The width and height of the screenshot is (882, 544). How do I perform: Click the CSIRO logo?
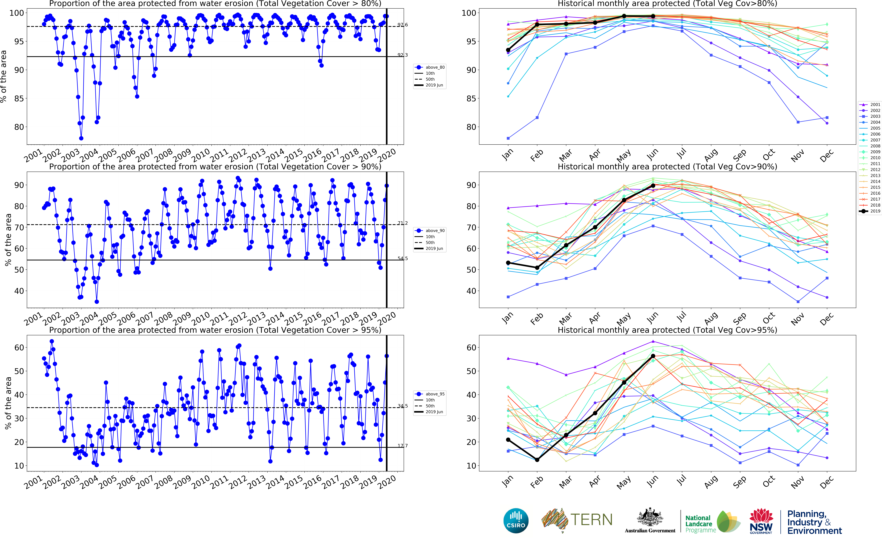click(x=516, y=521)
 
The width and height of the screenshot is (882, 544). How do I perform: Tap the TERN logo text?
click(x=591, y=520)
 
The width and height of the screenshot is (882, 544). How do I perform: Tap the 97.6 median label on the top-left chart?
click(x=403, y=25)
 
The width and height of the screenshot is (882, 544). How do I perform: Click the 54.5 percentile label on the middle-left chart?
click(x=403, y=258)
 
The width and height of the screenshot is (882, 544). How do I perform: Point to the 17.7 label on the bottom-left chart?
click(x=403, y=446)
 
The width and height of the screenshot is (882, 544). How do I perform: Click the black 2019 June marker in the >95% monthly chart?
click(x=653, y=356)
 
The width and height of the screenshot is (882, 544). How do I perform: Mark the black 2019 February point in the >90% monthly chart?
click(x=537, y=268)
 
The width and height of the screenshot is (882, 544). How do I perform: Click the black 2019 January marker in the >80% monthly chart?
click(x=508, y=50)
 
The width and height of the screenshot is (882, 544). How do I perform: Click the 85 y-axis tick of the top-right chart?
click(x=471, y=99)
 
